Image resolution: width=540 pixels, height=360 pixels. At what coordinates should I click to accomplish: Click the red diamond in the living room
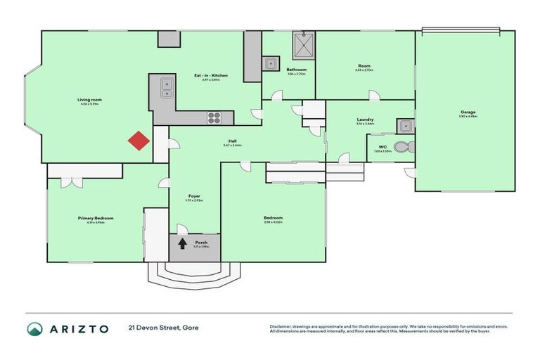[x=139, y=141]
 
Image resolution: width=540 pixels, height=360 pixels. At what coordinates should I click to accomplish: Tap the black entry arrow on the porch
[x=183, y=244]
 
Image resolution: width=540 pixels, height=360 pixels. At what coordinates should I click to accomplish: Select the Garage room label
[x=468, y=112]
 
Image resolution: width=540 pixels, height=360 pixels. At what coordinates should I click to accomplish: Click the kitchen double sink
[x=166, y=87]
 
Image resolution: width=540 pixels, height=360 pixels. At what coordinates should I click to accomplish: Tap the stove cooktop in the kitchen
[x=214, y=117]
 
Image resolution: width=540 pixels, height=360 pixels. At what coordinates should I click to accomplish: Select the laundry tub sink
[x=404, y=126]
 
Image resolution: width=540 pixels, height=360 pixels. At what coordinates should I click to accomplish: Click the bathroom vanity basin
[x=271, y=64]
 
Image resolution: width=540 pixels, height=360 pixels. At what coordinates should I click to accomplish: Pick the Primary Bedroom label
[x=95, y=219]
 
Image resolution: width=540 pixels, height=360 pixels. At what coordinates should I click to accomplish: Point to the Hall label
[x=232, y=141]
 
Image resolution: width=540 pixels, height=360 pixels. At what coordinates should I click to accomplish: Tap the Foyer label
[x=194, y=195]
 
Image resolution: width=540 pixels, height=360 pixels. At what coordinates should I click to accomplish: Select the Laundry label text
[x=365, y=120]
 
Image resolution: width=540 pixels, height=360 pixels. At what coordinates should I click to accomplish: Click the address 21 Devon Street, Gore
[x=161, y=328]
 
